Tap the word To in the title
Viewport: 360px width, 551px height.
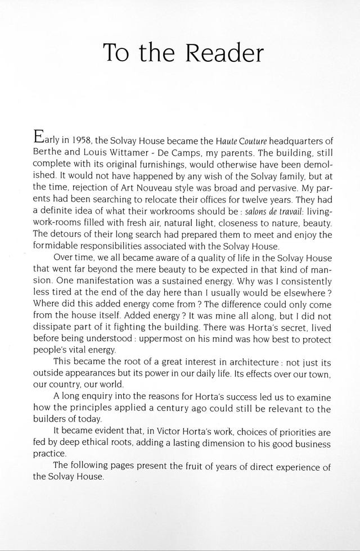118,53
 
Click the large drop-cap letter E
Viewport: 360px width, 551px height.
39,137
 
